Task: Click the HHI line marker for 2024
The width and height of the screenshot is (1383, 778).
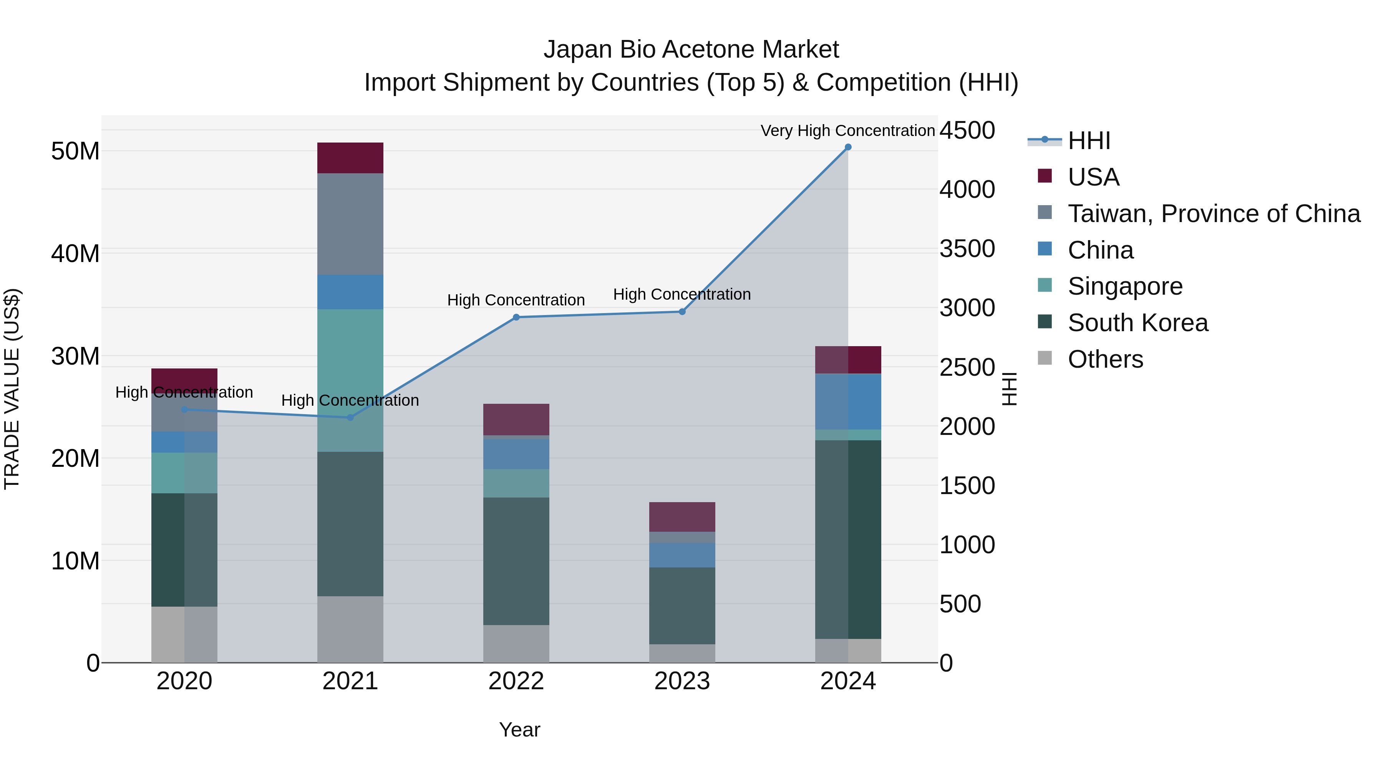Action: tap(848, 147)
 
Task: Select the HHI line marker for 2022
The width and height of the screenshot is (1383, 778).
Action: tap(516, 317)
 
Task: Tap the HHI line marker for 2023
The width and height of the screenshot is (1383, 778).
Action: tap(682, 312)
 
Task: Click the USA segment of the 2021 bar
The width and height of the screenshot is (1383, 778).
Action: tap(350, 158)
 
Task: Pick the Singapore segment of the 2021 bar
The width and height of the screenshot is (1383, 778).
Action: tap(350, 380)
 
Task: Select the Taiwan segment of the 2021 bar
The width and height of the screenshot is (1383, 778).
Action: tap(350, 224)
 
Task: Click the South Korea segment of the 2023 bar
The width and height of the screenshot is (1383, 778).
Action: tap(682, 605)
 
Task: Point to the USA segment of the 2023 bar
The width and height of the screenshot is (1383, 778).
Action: tap(682, 517)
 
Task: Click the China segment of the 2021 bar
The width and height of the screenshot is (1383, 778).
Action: tap(350, 292)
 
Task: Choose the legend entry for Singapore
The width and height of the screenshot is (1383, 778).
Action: tap(1125, 286)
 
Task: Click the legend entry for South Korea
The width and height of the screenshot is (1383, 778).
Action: tap(1138, 323)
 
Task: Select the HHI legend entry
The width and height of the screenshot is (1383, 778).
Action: tap(1089, 141)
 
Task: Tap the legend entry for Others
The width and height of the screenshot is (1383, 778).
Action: tap(1105, 359)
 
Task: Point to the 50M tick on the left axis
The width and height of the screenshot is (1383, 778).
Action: tap(75, 151)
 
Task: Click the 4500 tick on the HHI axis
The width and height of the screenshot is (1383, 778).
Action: tap(967, 131)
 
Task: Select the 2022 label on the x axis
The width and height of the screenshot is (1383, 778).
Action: tap(516, 681)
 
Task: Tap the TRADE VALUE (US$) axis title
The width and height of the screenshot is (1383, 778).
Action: tap(12, 389)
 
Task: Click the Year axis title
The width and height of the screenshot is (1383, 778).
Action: tap(519, 730)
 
